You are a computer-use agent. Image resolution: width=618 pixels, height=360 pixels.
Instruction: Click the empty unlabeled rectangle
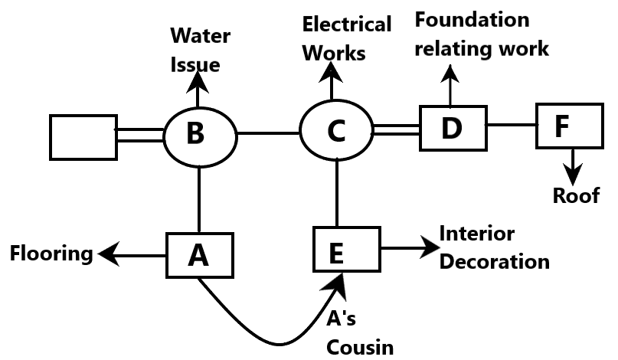click(x=83, y=137)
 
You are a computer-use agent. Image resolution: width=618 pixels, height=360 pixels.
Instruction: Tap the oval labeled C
click(x=336, y=130)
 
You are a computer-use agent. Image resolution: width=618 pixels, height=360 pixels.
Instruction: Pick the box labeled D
click(x=453, y=128)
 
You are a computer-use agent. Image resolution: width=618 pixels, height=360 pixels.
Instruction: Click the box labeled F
click(x=569, y=126)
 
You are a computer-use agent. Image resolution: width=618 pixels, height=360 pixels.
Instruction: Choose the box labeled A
click(x=200, y=255)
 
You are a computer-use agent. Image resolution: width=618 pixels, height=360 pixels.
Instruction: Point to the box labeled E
click(x=347, y=249)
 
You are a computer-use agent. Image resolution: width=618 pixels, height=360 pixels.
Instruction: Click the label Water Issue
click(x=198, y=50)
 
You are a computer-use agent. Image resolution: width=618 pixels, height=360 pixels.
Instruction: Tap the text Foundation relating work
click(x=481, y=34)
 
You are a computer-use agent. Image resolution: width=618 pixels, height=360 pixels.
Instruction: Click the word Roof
click(x=576, y=196)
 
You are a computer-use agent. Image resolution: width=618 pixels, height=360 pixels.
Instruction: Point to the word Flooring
click(x=51, y=253)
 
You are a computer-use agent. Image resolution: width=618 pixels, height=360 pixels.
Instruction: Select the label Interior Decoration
click(x=494, y=247)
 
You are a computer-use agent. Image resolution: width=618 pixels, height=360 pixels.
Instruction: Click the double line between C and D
click(x=396, y=131)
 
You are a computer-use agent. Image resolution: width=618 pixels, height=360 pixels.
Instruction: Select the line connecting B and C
click(x=268, y=133)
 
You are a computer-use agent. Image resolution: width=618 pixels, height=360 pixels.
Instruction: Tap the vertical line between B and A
click(x=199, y=199)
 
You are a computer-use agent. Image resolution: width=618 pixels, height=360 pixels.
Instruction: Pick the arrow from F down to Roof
click(x=573, y=163)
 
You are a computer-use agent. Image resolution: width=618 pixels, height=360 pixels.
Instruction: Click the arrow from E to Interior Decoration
click(x=410, y=248)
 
